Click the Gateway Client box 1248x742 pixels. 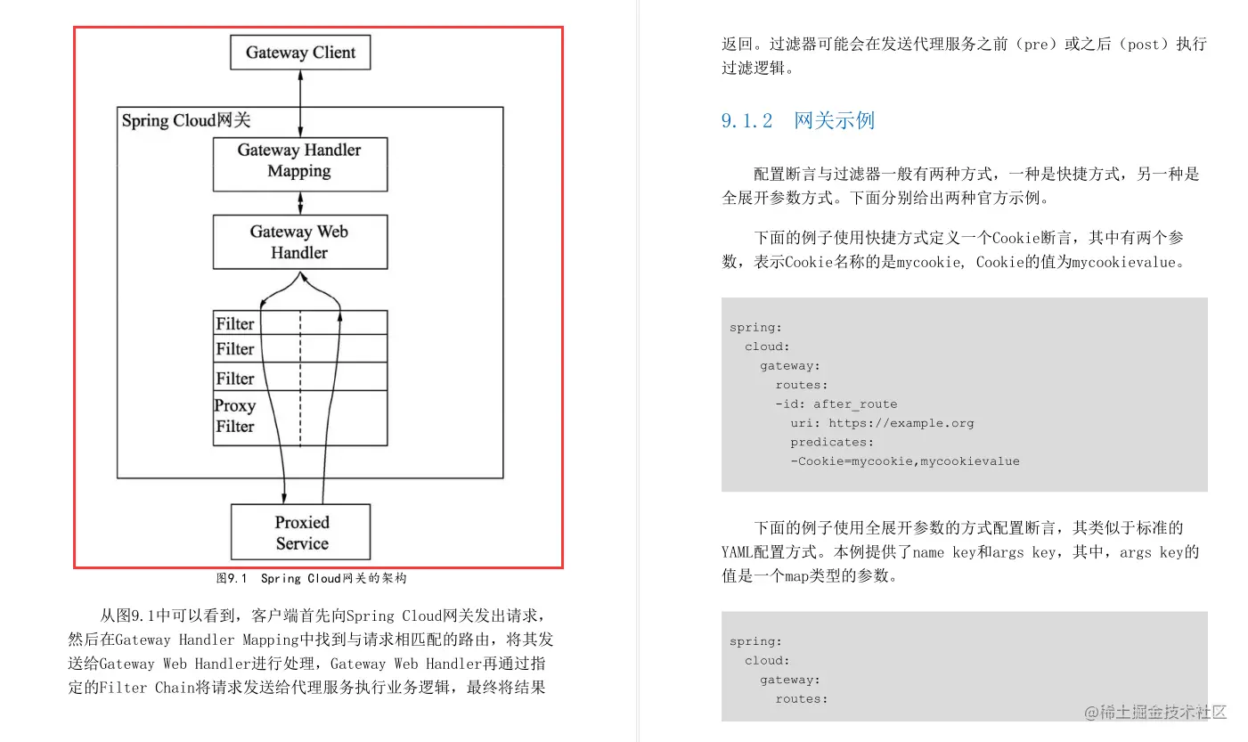pos(300,53)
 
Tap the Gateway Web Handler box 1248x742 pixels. pos(299,242)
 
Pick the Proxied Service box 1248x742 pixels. pos(301,533)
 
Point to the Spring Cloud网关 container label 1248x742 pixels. pos(186,120)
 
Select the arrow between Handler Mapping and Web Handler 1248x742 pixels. pos(300,203)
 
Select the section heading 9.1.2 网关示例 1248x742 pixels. pos(798,120)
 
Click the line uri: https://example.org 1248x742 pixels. pos(882,423)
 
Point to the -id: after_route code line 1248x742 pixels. pos(836,404)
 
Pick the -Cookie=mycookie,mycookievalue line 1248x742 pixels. pos(904,461)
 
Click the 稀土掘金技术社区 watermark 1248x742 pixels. pos(1156,712)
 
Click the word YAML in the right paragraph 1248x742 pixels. pos(739,551)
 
